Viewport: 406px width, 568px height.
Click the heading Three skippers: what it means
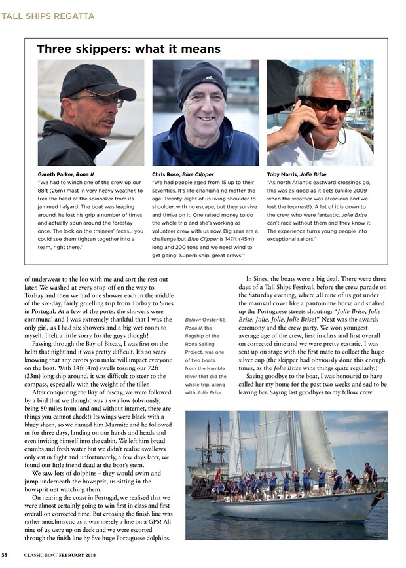tap(128, 49)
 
